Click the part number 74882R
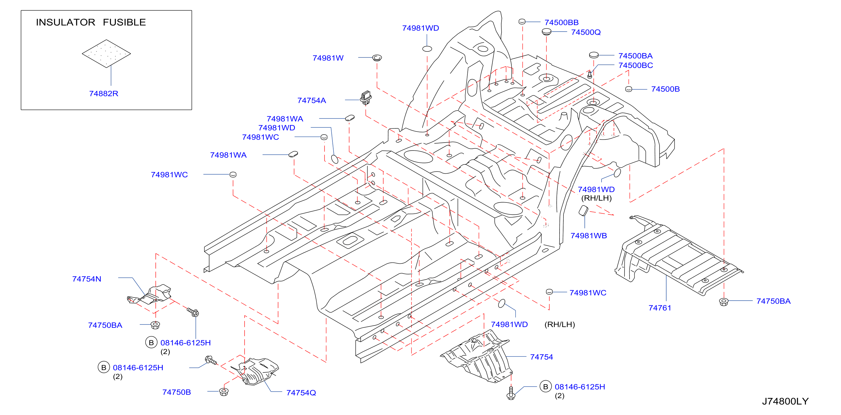104,94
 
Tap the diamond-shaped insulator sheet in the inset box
106,53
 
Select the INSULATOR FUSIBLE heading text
91,22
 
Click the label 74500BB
561,22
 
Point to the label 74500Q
586,32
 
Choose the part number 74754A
311,100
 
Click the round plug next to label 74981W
377,58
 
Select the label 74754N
87,279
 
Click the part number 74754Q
301,393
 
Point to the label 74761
660,308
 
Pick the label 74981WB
588,236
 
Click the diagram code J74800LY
785,401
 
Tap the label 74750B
176,392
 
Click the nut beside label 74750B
224,392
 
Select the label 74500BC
635,65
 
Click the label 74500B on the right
665,89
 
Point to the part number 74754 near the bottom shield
541,357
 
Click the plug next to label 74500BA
594,55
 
